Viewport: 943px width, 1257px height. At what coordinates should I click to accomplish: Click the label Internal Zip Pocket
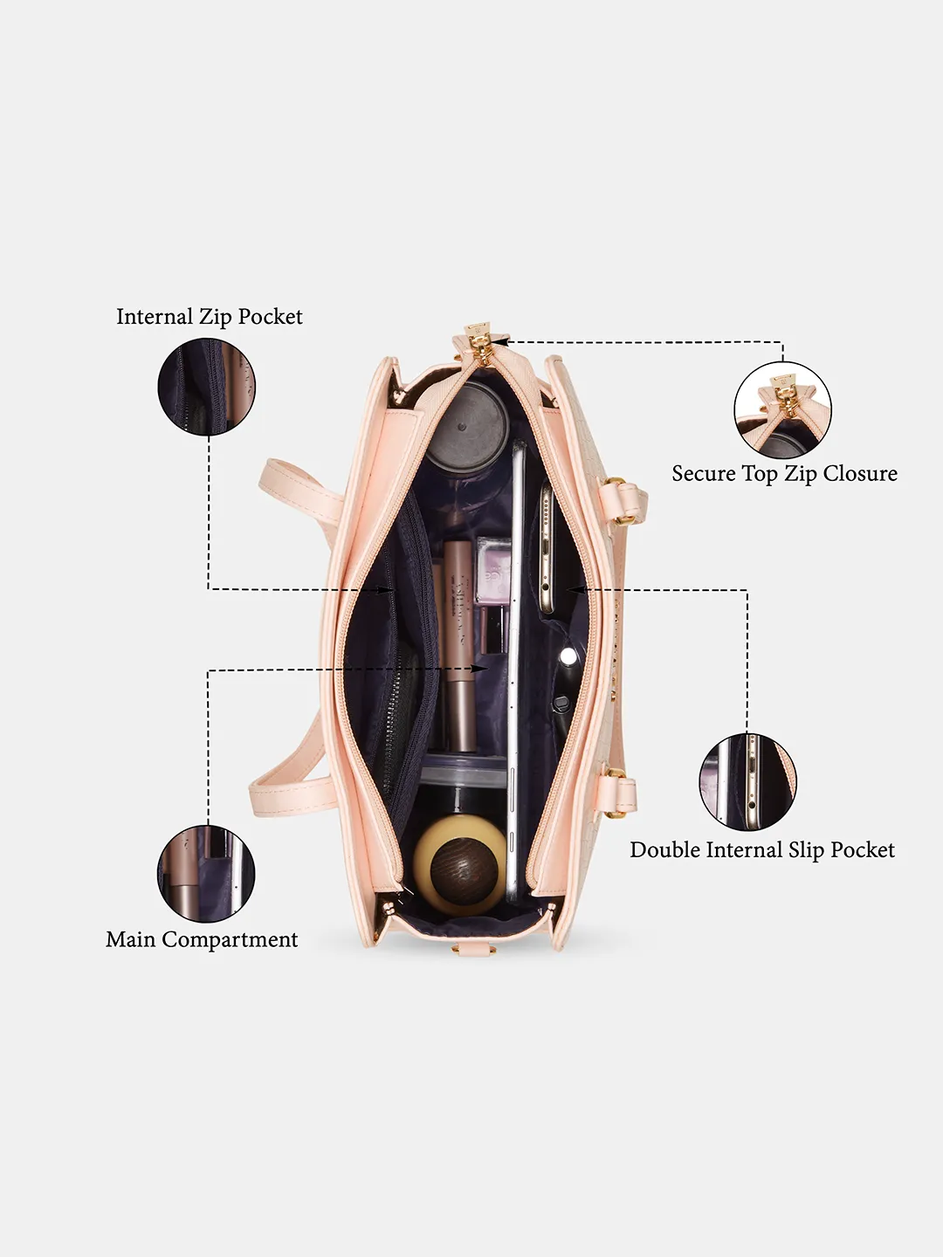(209, 317)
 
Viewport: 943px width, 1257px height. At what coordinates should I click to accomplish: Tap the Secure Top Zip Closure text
(784, 474)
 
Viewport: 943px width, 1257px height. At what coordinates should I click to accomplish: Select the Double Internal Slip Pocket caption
(762, 850)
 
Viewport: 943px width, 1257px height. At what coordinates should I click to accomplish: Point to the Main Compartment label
(202, 939)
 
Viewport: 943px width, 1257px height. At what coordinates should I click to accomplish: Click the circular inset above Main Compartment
(206, 873)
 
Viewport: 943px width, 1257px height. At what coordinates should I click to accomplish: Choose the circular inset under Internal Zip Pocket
(207, 387)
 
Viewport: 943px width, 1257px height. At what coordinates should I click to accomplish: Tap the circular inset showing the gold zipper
(782, 409)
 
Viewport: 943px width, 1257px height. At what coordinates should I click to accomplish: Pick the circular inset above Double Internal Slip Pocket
(747, 781)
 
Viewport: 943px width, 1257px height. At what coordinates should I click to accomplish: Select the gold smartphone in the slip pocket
(547, 550)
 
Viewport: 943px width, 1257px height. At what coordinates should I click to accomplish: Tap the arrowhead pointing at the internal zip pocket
(389, 589)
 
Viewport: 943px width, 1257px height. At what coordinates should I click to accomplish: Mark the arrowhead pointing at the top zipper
(505, 342)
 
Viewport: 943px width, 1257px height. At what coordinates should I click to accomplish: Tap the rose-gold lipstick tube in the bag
(460, 647)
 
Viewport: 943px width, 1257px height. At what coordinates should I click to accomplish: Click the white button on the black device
(568, 656)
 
